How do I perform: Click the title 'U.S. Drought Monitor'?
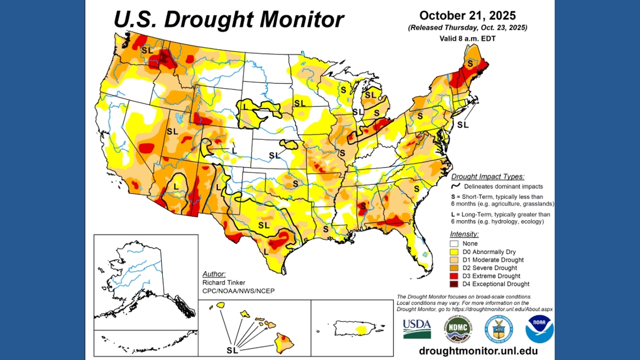pos(228,19)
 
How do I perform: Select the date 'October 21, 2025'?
pos(467,15)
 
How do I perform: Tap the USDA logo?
pos(417,328)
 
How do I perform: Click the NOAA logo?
pos(539,329)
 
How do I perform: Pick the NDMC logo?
pos(458,329)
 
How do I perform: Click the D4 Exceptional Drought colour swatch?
pos(454,284)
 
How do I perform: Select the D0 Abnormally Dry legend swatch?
pos(454,252)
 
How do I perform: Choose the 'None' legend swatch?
pos(454,244)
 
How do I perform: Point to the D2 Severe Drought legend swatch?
pos(454,268)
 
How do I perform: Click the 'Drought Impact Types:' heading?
pos(487,176)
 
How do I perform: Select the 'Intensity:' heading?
pos(464,234)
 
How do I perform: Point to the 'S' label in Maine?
pos(469,63)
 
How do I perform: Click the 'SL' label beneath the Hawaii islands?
pos(232,350)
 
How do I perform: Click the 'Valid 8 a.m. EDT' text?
pos(467,39)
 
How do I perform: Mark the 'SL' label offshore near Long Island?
pos(462,125)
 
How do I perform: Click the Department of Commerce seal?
pos(498,329)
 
